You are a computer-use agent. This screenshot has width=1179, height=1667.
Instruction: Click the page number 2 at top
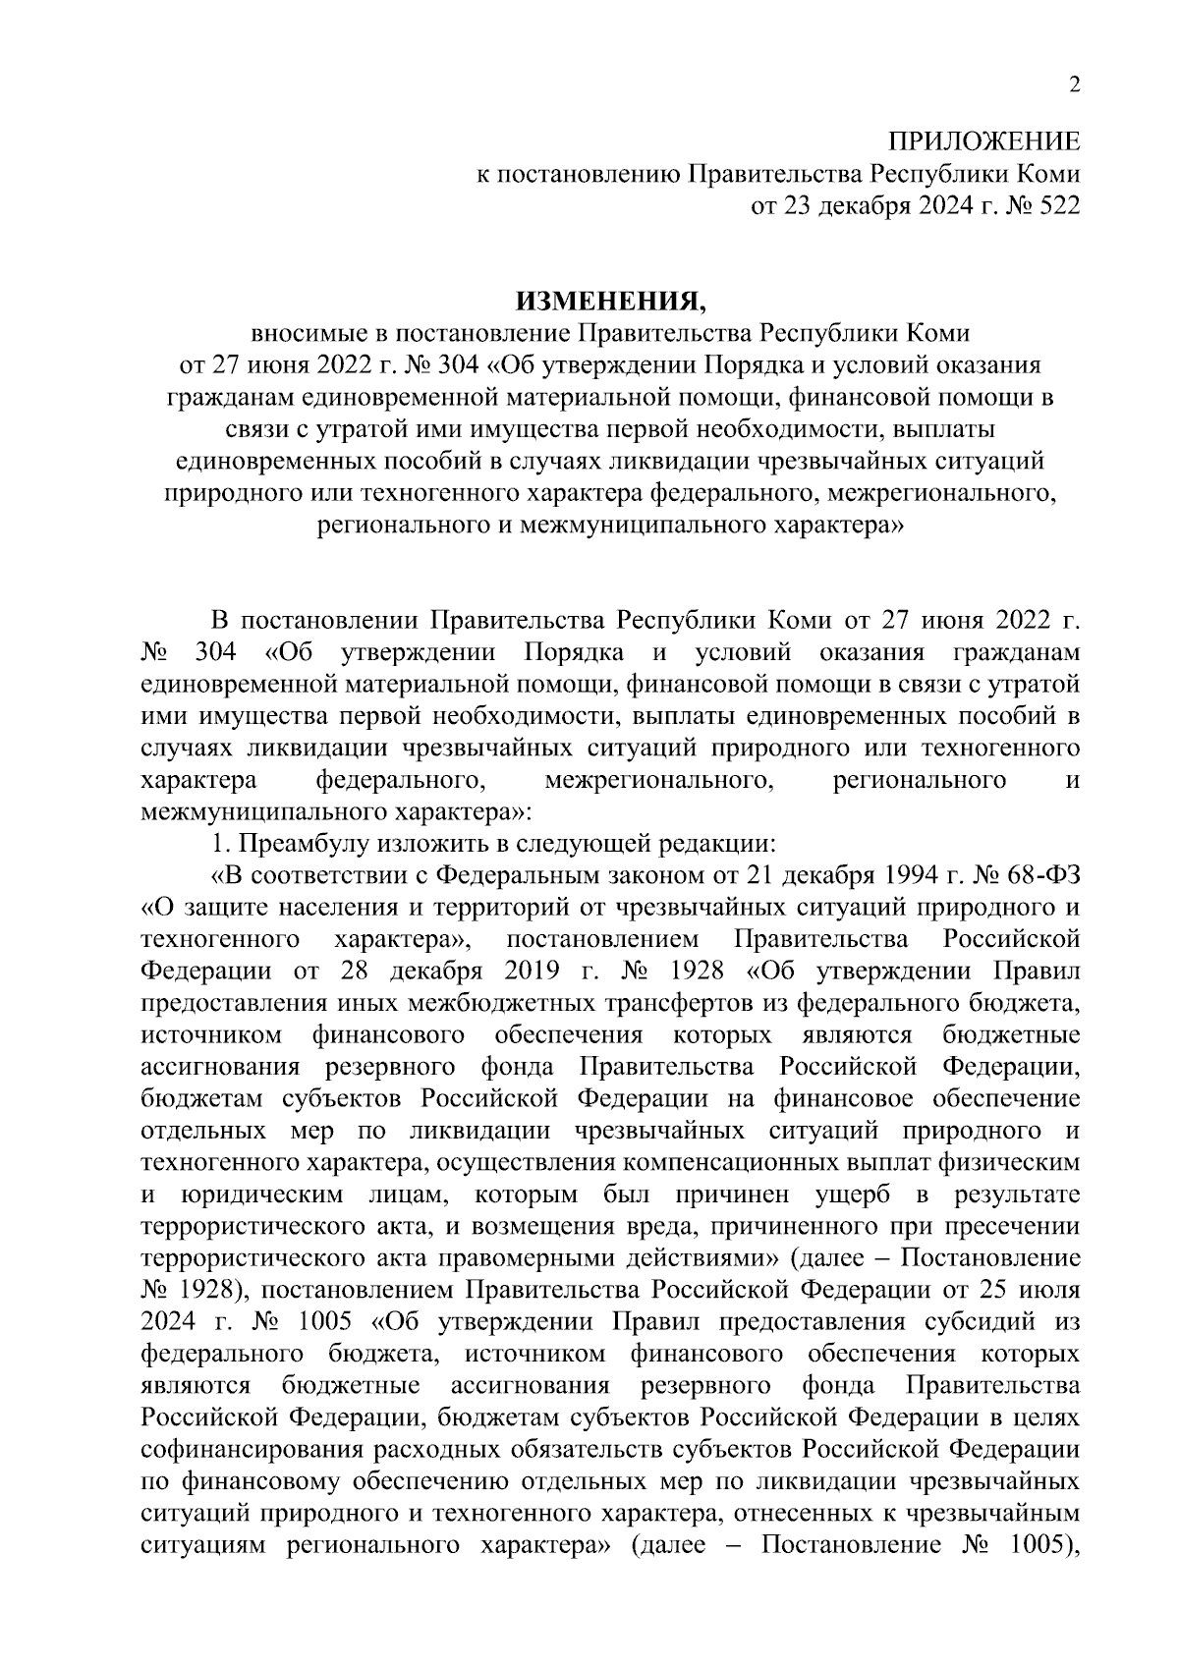coord(1074,85)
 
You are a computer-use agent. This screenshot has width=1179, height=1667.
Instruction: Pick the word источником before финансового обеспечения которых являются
coord(212,1034)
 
